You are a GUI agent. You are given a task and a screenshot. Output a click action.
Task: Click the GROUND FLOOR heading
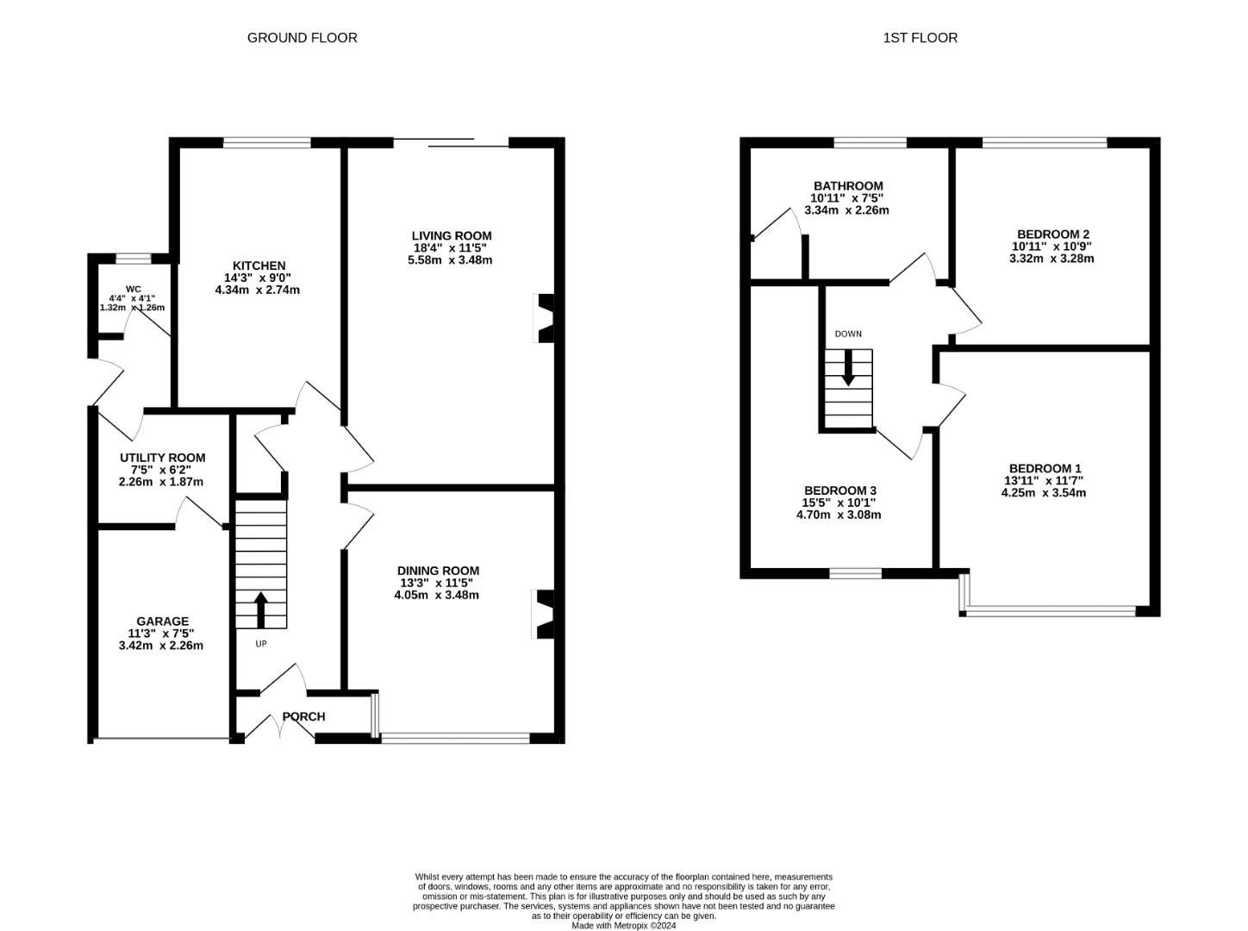302,38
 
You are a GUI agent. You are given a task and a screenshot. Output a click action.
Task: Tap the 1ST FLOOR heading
920,38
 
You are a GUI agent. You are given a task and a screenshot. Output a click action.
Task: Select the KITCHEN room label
259,266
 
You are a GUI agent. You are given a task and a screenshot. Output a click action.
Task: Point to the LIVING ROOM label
452,235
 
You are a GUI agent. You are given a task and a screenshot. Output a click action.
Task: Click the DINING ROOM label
438,571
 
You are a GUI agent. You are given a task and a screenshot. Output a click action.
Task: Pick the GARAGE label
162,621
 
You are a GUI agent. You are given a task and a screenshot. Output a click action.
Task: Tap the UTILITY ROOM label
163,457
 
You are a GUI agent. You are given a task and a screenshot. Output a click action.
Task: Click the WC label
133,289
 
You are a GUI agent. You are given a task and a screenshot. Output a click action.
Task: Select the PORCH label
303,716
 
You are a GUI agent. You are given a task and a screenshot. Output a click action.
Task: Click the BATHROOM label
848,185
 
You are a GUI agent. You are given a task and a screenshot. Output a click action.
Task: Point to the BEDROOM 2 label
1053,234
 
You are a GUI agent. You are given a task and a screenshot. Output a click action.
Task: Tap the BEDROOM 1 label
1045,468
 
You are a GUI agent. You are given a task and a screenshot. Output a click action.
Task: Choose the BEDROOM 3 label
839,490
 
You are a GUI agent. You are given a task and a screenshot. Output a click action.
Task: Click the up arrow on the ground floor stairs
260,609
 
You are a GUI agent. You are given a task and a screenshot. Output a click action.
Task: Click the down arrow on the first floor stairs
848,368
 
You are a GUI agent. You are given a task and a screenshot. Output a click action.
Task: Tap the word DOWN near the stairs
848,334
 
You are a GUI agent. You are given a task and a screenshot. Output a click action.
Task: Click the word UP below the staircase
261,644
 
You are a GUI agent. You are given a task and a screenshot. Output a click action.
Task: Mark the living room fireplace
544,318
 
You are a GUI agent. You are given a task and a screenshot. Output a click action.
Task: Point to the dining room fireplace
543,615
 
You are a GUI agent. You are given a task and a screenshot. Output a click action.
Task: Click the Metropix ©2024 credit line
624,926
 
